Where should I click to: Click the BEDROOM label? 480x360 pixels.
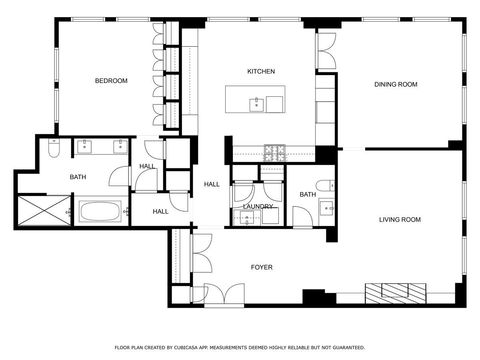(x=111, y=81)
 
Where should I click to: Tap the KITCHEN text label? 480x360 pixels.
(x=261, y=72)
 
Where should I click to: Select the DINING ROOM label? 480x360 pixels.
(x=396, y=84)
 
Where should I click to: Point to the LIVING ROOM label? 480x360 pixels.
(x=400, y=219)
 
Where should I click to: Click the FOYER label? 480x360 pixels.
(x=261, y=267)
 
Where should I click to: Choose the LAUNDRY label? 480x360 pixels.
(x=258, y=206)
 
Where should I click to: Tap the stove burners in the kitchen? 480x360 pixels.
(x=275, y=153)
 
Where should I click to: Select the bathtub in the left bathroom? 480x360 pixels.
(x=100, y=211)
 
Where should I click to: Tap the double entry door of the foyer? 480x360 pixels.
(x=223, y=293)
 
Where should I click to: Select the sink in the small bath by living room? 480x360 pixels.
(x=325, y=208)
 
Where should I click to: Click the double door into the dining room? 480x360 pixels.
(x=327, y=45)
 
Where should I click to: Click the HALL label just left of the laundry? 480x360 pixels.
(x=212, y=184)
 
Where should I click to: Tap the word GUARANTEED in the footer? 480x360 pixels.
(x=344, y=347)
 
